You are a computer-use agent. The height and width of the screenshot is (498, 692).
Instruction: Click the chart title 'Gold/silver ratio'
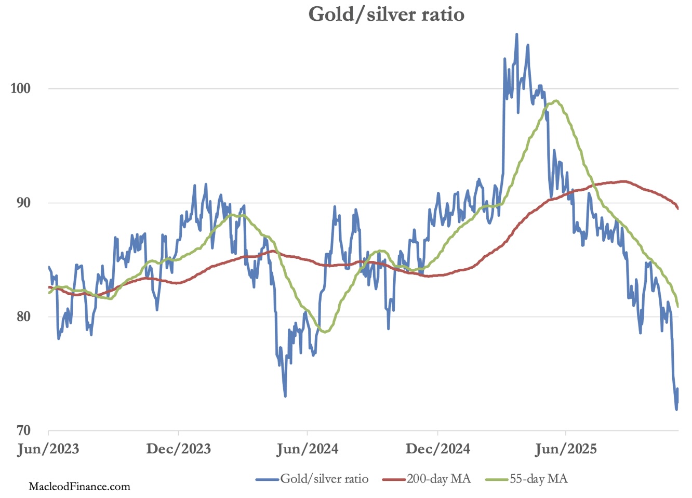tap(386, 14)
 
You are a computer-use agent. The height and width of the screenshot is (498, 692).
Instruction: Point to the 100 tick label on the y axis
tap(21, 88)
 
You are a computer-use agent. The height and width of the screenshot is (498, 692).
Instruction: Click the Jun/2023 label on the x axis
tap(48, 449)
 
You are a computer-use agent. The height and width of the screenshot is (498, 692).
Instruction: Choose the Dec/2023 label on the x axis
tap(178, 449)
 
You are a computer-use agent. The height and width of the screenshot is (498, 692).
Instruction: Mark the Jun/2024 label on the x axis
tap(307, 449)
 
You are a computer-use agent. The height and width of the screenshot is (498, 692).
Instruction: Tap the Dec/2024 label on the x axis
tap(437, 449)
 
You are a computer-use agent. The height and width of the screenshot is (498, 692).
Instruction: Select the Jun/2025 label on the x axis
tap(566, 449)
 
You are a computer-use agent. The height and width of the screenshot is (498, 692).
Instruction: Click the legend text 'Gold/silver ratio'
tap(324, 479)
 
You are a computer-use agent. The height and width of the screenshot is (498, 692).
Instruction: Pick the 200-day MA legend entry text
tap(438, 479)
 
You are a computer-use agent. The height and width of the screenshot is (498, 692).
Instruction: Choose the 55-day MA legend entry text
tap(538, 479)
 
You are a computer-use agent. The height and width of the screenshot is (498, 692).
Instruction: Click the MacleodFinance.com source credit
tap(79, 487)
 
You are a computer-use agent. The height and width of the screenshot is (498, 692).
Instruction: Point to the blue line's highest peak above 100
tap(516, 34)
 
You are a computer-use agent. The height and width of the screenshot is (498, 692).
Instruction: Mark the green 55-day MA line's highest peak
tap(556, 101)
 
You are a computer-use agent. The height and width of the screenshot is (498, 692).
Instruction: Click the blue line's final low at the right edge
tap(676, 410)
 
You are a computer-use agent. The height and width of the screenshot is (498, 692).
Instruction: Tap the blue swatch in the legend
tap(268, 479)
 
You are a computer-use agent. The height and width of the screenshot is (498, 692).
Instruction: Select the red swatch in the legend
tap(394, 479)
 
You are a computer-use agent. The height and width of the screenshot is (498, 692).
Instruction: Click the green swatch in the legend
tap(497, 479)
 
